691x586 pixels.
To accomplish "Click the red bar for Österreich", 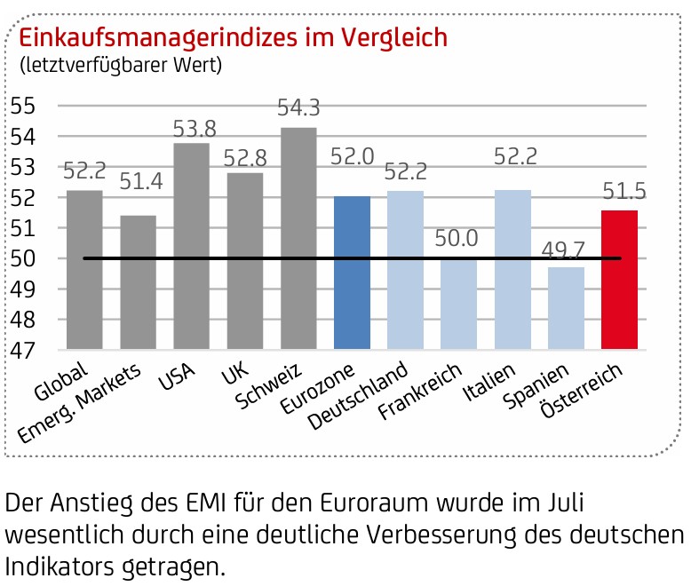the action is click(619, 280).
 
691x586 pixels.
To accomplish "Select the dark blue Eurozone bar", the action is click(352, 273).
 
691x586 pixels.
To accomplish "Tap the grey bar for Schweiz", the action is click(298, 238).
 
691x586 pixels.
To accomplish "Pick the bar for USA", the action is click(191, 246).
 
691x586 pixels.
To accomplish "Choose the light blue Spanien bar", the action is click(566, 308).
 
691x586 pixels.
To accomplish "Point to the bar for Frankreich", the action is click(459, 304).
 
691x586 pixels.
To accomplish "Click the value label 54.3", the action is click(298, 107).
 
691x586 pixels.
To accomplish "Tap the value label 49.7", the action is click(563, 250).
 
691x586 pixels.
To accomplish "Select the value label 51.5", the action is click(624, 191).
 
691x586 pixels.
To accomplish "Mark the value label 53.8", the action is click(195, 129).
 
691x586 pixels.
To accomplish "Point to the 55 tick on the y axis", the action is click(22, 106).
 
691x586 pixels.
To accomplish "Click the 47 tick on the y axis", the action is click(22, 351).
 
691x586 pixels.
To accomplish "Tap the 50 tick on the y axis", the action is click(22, 258).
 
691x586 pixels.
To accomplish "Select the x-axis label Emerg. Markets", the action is click(79, 403).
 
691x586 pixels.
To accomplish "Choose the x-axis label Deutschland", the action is click(358, 395).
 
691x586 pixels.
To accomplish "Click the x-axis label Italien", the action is click(488, 382).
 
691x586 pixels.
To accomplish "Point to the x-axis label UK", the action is click(234, 374).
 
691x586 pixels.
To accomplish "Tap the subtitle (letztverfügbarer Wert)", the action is click(121, 65).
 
